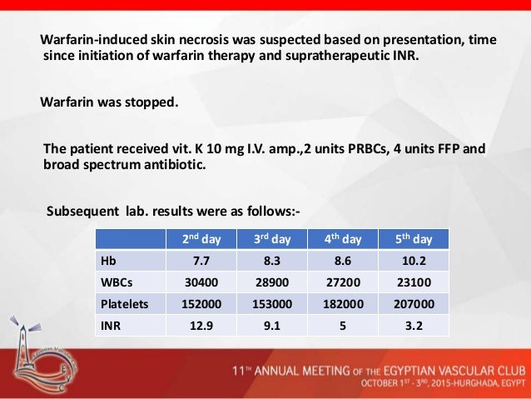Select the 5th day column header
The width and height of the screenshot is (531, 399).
413,239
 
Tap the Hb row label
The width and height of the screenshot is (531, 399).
107,261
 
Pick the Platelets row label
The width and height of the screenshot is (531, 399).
124,304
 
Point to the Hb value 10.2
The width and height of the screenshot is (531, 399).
413,261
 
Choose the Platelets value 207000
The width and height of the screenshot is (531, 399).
413,304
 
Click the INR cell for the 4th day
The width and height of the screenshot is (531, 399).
342,326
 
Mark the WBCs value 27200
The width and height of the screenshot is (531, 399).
342,282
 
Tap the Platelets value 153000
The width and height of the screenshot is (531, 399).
271,304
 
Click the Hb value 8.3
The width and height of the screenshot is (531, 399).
271,261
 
